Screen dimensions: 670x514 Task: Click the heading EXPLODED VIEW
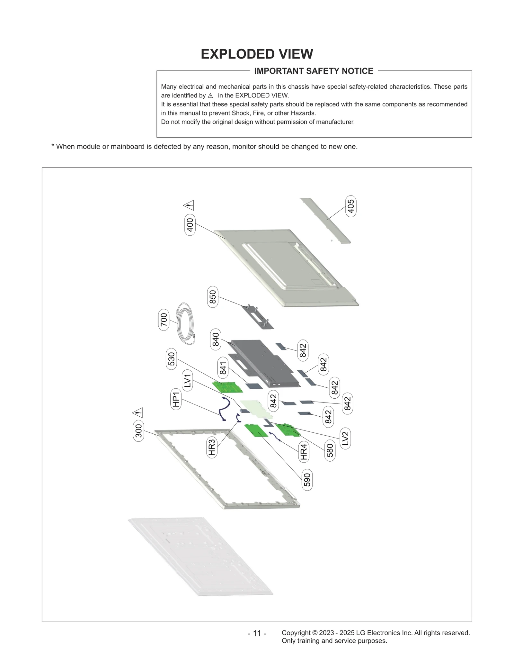click(x=257, y=54)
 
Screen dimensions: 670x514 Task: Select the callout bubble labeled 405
click(x=351, y=206)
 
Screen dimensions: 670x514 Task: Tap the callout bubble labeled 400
click(x=190, y=225)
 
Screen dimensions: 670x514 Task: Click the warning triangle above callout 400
click(x=189, y=205)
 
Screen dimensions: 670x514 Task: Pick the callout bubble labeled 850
click(x=213, y=296)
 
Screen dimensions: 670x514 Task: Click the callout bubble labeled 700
click(x=164, y=320)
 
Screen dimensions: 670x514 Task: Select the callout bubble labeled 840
click(x=216, y=340)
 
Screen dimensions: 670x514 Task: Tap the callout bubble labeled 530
click(x=172, y=359)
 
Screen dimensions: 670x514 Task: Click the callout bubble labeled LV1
click(x=187, y=380)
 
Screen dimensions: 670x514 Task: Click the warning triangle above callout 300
click(x=137, y=412)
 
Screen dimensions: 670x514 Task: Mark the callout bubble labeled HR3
click(x=211, y=448)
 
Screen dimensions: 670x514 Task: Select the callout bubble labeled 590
click(x=307, y=480)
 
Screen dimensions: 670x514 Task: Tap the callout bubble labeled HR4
click(x=304, y=451)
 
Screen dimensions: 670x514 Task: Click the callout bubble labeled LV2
click(x=345, y=438)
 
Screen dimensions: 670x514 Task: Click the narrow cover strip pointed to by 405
click(x=325, y=221)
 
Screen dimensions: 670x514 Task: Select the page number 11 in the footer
click(x=257, y=633)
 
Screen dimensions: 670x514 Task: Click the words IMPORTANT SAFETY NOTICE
click(x=314, y=71)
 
